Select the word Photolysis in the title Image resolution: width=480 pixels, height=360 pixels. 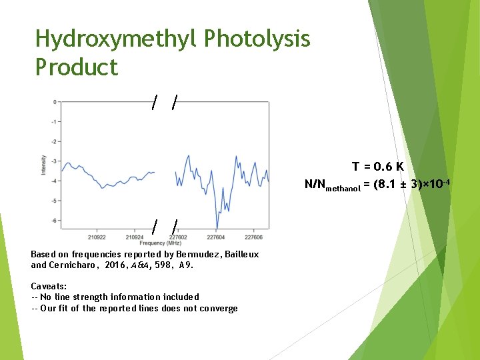tap(257, 40)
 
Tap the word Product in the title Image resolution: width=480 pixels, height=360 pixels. tap(77, 67)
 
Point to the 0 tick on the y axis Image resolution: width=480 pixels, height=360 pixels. tap(54, 102)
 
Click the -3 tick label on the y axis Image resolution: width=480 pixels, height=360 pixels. tap(53, 161)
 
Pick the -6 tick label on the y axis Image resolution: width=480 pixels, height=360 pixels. tap(53, 221)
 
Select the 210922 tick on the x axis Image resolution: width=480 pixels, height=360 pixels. tap(97, 236)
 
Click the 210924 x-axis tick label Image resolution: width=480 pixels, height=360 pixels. tap(135, 236)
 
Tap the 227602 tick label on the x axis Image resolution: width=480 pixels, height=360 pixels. tap(178, 236)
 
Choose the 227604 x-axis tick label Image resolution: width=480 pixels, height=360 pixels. tap(215, 236)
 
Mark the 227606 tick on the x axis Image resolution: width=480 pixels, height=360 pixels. tap(253, 236)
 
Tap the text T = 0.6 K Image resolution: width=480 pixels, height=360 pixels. tap(378, 167)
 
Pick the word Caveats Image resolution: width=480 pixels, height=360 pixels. tap(49, 285)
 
